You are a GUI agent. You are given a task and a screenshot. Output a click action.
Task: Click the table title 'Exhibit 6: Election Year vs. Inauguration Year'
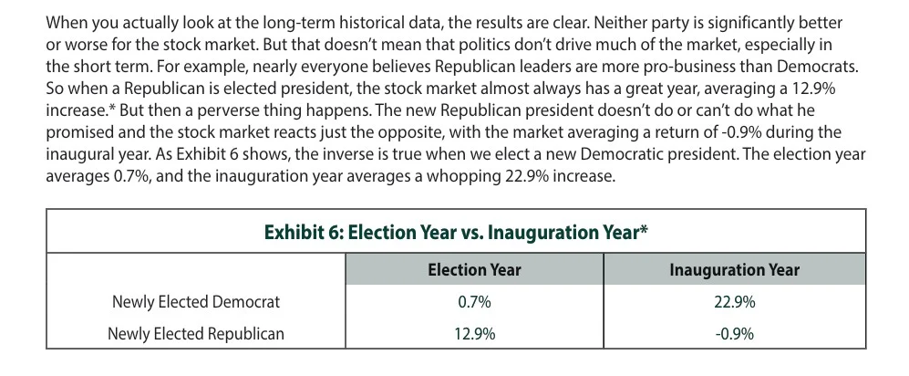tap(456, 231)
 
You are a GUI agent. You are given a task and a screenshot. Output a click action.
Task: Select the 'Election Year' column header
tap(474, 269)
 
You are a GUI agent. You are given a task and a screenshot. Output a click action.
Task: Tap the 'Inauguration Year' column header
tap(734, 269)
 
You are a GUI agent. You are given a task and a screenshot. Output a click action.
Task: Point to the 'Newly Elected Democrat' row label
tap(196, 301)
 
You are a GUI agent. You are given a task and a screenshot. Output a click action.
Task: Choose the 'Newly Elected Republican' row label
tap(196, 333)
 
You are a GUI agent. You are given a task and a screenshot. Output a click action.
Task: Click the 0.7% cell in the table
tap(474, 301)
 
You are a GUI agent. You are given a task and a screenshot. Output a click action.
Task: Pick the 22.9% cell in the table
tap(734, 301)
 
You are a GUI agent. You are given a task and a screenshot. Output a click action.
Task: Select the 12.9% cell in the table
tap(474, 333)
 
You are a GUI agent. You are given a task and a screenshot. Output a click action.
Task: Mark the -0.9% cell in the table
tap(734, 333)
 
